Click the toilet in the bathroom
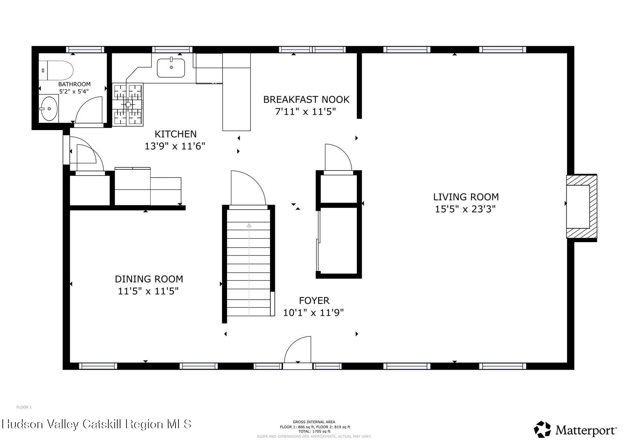pyautogui.click(x=58, y=70)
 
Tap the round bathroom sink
pyautogui.click(x=49, y=108)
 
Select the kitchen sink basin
pyautogui.click(x=171, y=68)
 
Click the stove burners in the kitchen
pyautogui.click(x=128, y=104)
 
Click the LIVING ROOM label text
pyautogui.click(x=466, y=197)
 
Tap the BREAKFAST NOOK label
pyautogui.click(x=306, y=100)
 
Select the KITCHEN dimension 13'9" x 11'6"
pyautogui.click(x=175, y=146)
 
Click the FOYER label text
pyautogui.click(x=314, y=301)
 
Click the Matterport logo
pyautogui.click(x=576, y=430)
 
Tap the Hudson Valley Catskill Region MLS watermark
pyautogui.click(x=97, y=424)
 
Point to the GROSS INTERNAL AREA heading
pyautogui.click(x=314, y=422)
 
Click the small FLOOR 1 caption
pyautogui.click(x=24, y=407)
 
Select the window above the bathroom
pyautogui.click(x=85, y=50)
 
